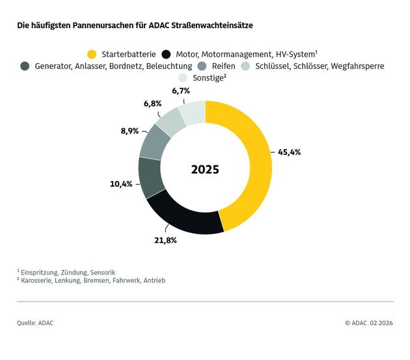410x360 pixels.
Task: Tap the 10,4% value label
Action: [121, 184]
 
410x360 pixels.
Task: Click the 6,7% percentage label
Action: [182, 91]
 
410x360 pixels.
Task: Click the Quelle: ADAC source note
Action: [35, 322]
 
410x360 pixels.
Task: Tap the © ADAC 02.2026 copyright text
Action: [368, 322]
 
